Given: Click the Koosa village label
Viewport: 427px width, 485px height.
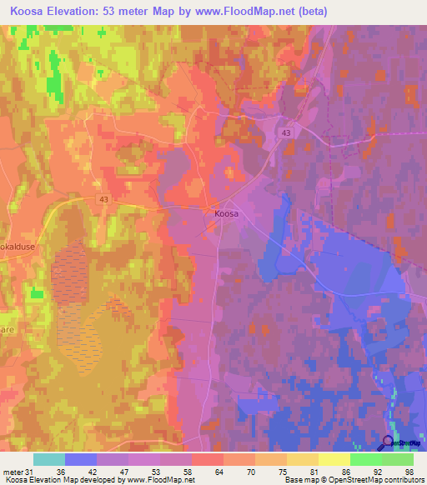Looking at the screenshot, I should point(226,214).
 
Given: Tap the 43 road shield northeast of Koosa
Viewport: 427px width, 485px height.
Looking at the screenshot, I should point(286,133).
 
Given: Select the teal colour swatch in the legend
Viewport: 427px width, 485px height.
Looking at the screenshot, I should point(48,459).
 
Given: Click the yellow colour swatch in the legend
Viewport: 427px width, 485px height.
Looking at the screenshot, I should point(334,459).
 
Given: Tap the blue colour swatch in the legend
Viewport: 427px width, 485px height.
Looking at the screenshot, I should point(80,459).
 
